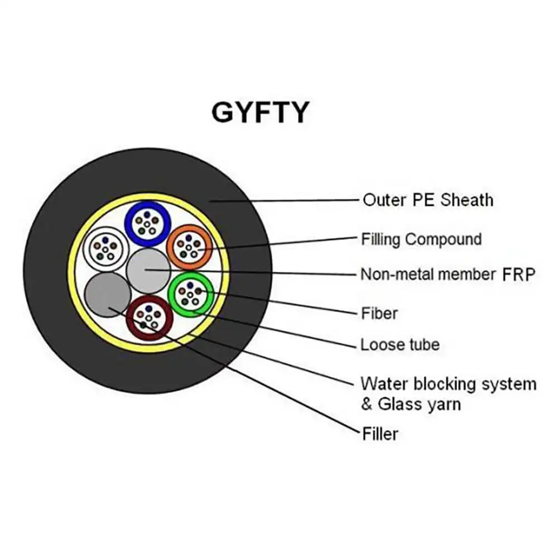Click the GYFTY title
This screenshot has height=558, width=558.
[x=260, y=112]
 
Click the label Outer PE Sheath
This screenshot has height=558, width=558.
[x=428, y=200]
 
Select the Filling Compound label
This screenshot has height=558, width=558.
[x=421, y=239]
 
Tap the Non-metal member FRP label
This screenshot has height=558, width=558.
[x=448, y=275]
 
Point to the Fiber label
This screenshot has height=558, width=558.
[x=379, y=314]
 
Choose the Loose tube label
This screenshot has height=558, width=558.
[x=400, y=344]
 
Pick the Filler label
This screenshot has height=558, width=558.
[x=380, y=434]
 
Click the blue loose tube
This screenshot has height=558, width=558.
[x=147, y=223]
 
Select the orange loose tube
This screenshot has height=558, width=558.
[x=189, y=247]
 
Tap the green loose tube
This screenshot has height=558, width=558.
[x=191, y=294]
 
